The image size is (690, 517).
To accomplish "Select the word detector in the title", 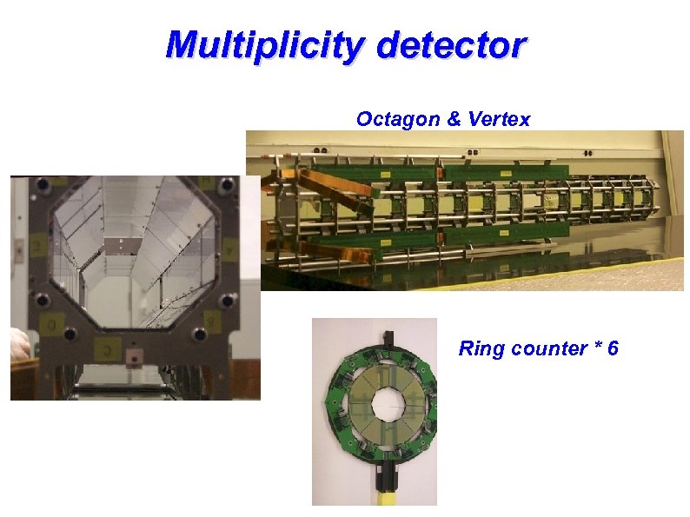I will (x=451, y=45).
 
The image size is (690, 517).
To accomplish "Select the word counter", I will (x=549, y=349).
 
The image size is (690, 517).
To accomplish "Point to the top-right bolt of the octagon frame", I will (x=227, y=185).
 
